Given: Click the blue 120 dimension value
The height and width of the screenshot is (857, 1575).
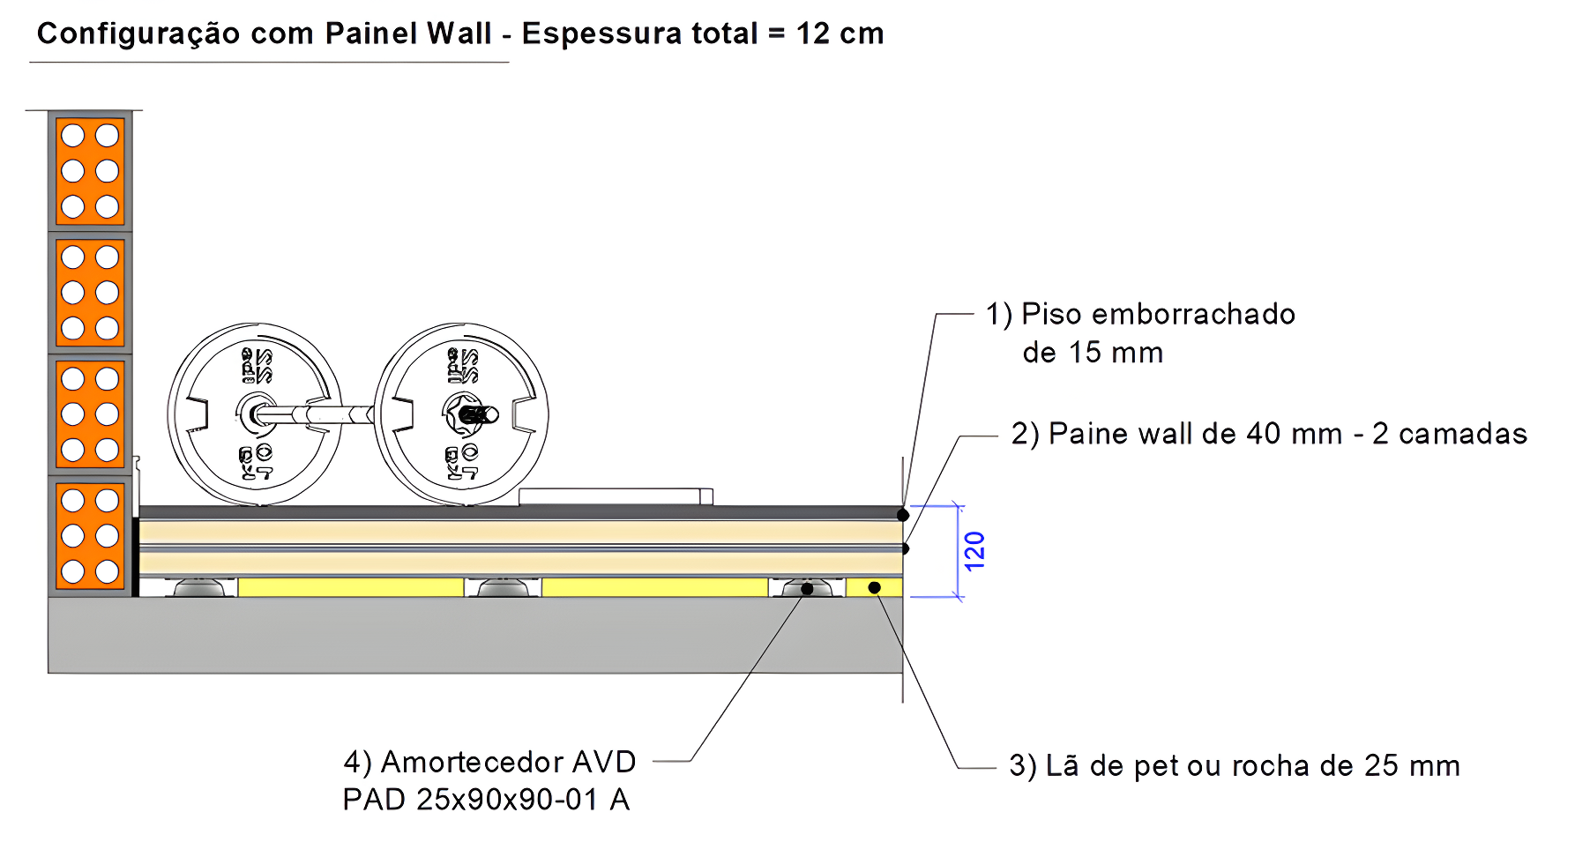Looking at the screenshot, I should [974, 551].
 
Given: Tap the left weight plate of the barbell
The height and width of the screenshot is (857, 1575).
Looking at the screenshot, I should [255, 414].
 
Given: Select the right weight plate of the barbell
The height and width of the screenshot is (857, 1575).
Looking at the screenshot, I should [462, 414].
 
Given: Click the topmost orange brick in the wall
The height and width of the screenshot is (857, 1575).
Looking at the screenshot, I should [90, 171].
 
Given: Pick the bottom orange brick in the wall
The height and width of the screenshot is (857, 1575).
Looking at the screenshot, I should [90, 535].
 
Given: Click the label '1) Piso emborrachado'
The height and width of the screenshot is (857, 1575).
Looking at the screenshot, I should [1140, 315].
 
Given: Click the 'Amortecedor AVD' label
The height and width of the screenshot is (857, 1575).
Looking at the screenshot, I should [489, 762].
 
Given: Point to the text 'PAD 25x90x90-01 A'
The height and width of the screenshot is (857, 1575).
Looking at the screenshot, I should [486, 800].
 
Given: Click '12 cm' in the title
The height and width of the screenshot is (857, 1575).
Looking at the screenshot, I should [840, 34].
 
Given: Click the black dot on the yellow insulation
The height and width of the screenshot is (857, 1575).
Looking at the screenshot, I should [874, 587].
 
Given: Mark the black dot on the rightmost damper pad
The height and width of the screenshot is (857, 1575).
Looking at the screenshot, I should [807, 589].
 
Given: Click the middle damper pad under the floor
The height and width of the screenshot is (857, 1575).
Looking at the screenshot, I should [503, 588].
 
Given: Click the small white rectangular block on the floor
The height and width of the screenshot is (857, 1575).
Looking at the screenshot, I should [615, 497].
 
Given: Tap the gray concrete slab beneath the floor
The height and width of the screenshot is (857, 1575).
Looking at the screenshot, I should [476, 635].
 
